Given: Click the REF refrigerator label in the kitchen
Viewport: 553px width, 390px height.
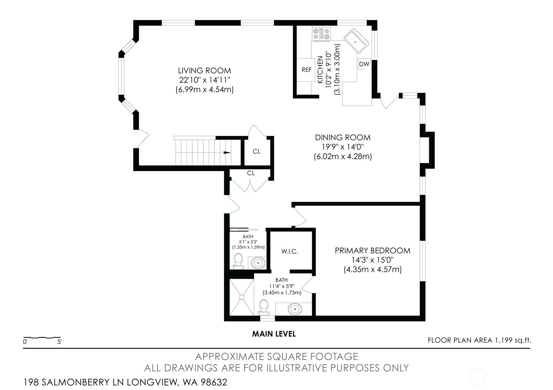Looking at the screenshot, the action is (307, 70).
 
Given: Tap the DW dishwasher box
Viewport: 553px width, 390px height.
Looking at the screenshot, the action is (364, 64).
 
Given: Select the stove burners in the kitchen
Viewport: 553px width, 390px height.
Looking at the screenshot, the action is (321, 34).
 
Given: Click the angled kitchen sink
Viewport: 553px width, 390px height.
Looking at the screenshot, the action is (356, 41).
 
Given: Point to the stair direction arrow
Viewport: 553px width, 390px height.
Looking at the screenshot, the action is (227, 152).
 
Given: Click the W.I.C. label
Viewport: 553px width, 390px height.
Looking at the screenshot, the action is (290, 251).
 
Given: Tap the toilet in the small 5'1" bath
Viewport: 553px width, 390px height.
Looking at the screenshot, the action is (238, 261).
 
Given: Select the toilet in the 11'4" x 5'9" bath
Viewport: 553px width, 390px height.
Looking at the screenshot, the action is (264, 307).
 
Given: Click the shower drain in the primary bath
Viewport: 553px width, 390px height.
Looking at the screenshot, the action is (242, 297).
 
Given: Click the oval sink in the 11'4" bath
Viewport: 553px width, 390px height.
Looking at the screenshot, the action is (295, 309).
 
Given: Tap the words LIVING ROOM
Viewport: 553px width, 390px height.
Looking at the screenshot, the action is (204, 71).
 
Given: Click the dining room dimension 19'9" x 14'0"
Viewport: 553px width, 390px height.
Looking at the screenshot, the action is (343, 147).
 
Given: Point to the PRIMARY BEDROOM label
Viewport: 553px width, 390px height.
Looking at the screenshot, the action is (372, 251).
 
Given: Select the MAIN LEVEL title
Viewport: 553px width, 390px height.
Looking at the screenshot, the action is (274, 334).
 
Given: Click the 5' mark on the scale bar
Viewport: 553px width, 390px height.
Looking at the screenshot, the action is (59, 342).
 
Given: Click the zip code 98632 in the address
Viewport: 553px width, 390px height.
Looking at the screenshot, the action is (214, 382).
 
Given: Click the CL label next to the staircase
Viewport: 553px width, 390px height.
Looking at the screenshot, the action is (256, 151).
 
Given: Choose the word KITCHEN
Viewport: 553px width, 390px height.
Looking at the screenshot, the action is (320, 69).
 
